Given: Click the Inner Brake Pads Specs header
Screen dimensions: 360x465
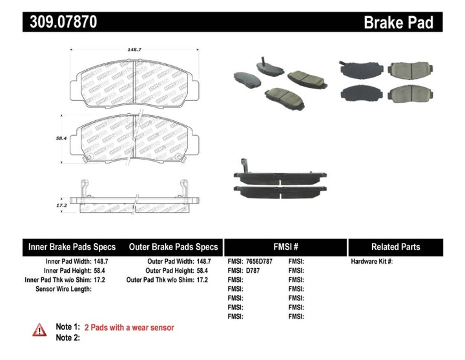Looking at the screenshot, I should coord(72,247).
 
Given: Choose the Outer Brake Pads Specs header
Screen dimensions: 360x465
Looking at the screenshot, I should coord(173,247).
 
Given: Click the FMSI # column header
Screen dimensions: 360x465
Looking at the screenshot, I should coord(285,247).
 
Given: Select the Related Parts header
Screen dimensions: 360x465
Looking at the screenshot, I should coord(395,247).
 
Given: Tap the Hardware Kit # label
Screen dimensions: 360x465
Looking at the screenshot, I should coord(371,261).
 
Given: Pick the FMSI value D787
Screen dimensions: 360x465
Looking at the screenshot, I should coord(253,270).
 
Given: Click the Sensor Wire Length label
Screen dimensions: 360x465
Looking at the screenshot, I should coord(63,289).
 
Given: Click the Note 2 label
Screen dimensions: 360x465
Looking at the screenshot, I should coord(68,337).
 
